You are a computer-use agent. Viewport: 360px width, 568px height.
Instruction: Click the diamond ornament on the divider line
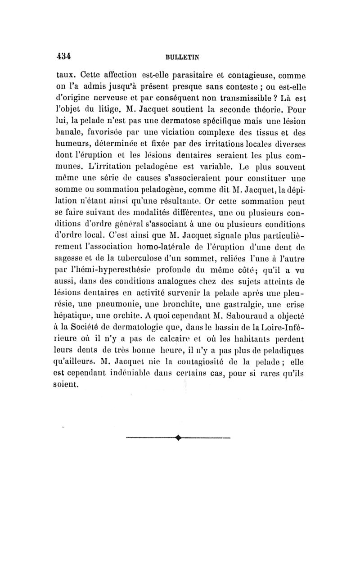click(x=180, y=437)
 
